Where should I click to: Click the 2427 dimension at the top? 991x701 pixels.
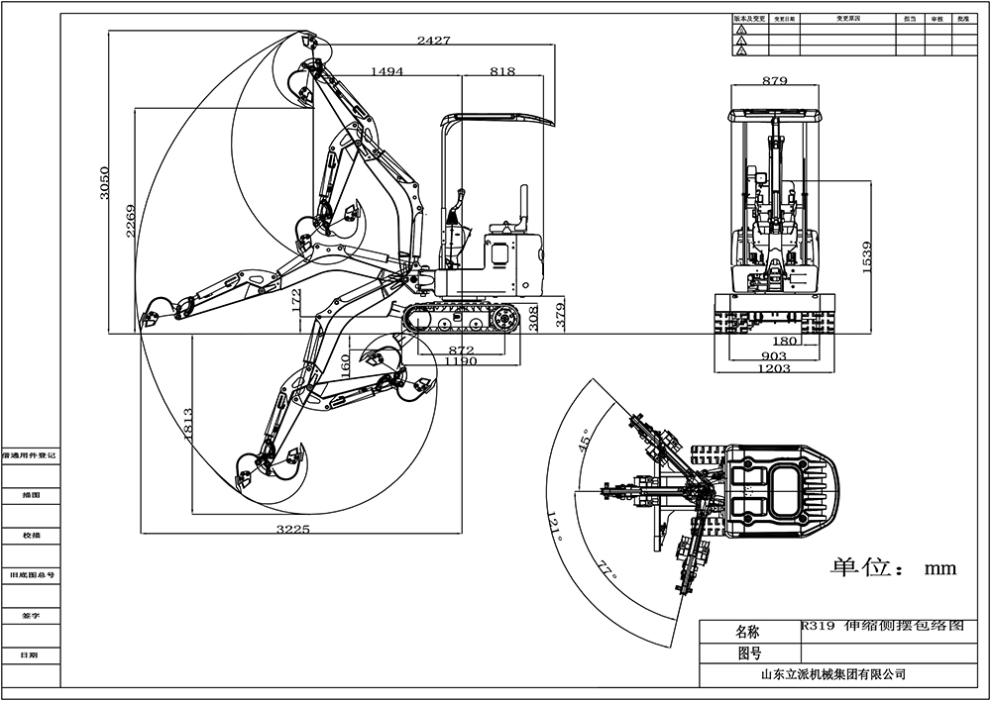pos(433,41)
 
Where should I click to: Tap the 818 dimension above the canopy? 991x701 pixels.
pos(502,71)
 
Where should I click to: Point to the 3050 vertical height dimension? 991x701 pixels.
pos(106,183)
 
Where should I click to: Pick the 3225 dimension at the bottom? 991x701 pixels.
pos(293,530)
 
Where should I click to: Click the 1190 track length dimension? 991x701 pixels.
pos(461,362)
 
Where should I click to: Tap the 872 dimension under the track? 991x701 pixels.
pos(461,350)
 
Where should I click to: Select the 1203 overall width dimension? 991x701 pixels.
pos(774,368)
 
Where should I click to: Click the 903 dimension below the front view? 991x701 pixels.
pos(774,355)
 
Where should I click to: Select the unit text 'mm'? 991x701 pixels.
pos(938,568)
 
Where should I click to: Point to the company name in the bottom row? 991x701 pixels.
pos(832,674)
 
